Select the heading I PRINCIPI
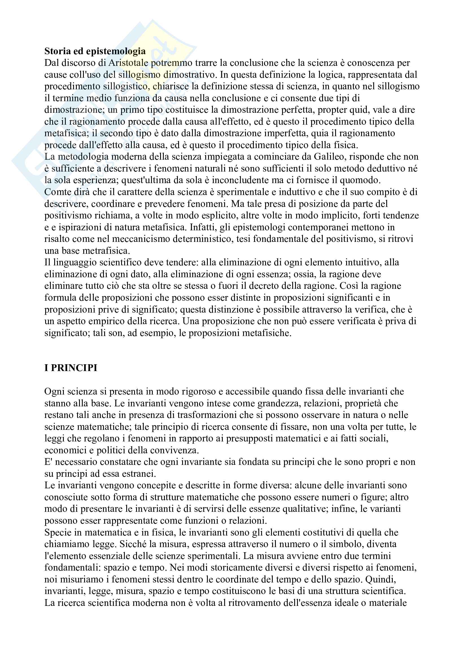click(71, 368)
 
